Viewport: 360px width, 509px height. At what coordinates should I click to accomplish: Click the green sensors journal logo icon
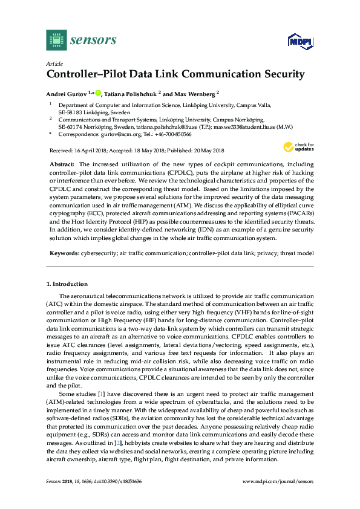[x=56, y=40]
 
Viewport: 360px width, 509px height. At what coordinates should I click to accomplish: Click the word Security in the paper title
[x=280, y=75]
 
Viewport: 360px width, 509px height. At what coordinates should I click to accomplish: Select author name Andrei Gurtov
[x=67, y=94]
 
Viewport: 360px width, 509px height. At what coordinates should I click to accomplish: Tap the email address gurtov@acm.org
[x=116, y=135]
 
